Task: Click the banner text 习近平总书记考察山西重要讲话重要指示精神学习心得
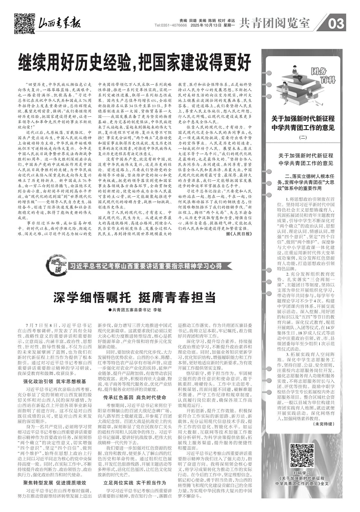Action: (146, 266)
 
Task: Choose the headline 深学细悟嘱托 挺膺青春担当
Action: (134, 297)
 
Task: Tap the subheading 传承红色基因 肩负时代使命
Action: (135, 398)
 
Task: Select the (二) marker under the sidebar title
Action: (303, 138)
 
